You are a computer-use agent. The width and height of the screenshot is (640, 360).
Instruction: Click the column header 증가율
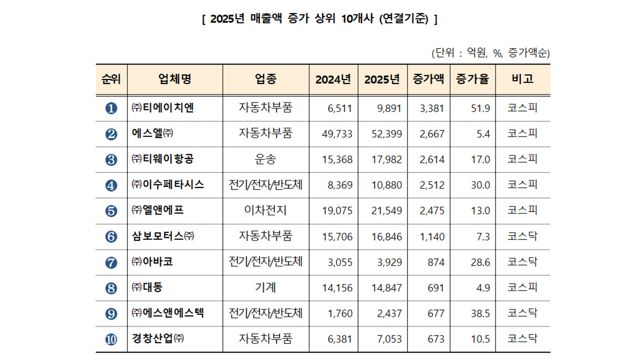point(472,79)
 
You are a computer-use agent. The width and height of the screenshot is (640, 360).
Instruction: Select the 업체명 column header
point(174,79)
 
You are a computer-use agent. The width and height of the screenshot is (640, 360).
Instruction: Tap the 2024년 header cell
point(333,79)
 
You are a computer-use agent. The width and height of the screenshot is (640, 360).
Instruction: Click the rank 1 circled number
point(111,108)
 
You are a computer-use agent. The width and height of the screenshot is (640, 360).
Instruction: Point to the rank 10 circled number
point(111,339)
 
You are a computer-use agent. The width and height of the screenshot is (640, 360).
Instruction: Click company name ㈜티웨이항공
point(162,159)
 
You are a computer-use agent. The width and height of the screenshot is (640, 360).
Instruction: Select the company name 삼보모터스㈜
point(163,236)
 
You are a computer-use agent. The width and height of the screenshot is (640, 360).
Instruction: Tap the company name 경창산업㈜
point(158,339)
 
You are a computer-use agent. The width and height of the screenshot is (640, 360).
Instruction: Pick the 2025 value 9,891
point(389,108)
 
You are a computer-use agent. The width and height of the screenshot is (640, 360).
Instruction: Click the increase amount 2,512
point(432,185)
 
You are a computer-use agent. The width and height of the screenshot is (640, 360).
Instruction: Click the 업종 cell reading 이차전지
point(265,210)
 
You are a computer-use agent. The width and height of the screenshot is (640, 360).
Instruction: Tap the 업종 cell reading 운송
point(265,159)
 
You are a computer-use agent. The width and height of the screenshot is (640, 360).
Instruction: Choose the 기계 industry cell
point(265,287)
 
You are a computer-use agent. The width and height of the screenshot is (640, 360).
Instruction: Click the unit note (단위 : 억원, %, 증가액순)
point(490,53)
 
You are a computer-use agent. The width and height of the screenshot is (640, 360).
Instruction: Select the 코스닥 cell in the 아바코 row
point(522,262)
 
